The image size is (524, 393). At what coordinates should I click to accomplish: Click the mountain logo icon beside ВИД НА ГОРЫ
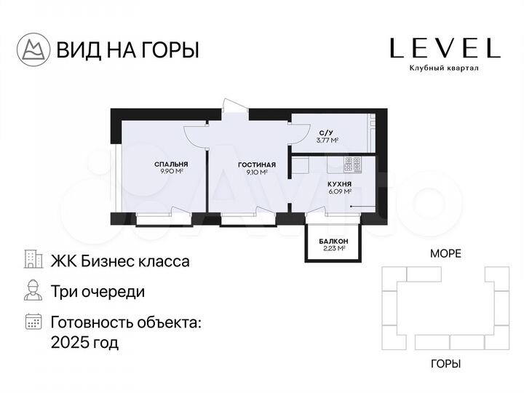[x=33, y=49]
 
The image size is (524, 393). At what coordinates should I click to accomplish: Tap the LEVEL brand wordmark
[x=445, y=48]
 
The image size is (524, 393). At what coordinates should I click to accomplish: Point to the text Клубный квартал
[x=445, y=68]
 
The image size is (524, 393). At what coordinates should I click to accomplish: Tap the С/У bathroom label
[x=327, y=132]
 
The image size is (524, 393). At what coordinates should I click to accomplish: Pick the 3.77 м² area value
[x=327, y=140]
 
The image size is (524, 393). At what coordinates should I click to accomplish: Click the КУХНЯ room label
[x=339, y=185]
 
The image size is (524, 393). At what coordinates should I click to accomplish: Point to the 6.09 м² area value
[x=339, y=193]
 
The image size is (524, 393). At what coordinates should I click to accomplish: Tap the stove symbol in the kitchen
[x=353, y=164]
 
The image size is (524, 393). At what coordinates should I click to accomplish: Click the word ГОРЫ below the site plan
[x=445, y=363]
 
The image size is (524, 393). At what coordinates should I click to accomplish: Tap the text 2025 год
[x=84, y=341]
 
